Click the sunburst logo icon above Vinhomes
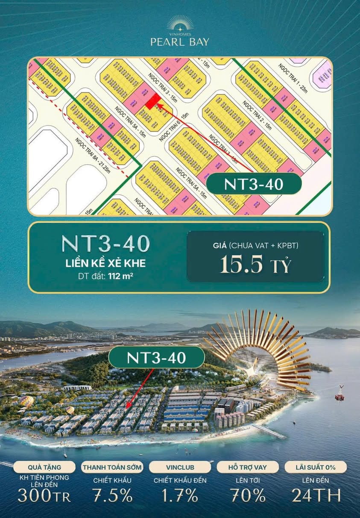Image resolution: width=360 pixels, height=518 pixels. (180, 22)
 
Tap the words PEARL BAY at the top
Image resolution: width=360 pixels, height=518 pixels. (180, 42)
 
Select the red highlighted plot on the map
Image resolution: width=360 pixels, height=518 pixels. (152, 101)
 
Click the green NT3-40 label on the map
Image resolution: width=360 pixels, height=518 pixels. (254, 184)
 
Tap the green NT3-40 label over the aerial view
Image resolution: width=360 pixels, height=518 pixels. (156, 357)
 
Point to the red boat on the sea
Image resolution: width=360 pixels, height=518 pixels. (340, 393)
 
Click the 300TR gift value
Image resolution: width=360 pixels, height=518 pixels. (44, 495)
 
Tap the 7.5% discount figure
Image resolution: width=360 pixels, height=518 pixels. (112, 495)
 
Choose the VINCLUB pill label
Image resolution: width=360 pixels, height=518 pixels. (180, 467)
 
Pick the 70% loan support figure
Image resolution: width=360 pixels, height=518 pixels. (248, 495)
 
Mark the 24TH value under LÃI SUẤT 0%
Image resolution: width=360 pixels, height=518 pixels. (316, 495)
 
